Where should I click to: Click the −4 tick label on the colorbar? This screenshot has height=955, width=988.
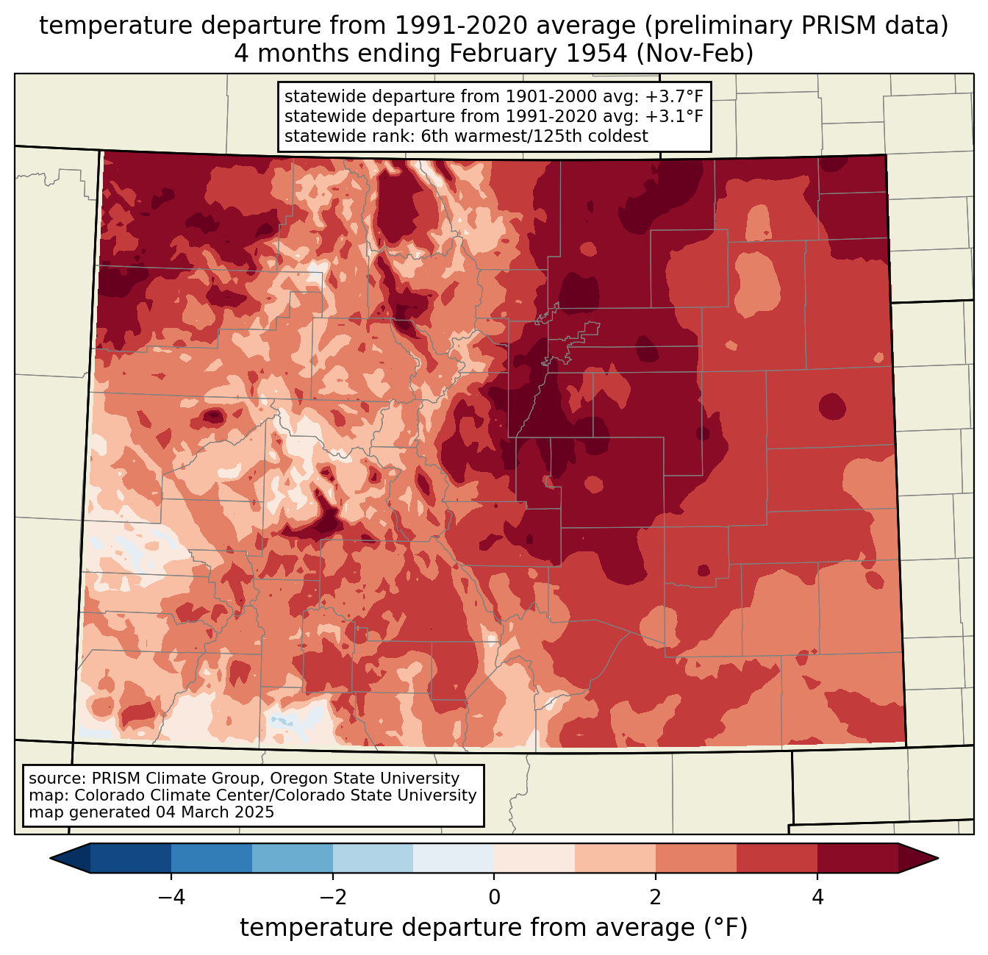171,898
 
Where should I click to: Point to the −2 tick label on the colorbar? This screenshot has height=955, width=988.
332,898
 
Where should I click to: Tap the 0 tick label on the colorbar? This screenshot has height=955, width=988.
494,898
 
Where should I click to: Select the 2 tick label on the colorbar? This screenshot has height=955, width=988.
656,898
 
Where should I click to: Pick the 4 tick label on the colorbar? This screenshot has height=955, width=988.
817,898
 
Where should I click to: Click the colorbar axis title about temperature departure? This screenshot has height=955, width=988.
494,928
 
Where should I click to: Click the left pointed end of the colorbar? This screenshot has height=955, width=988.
51,859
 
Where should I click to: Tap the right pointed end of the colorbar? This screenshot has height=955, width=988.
937,859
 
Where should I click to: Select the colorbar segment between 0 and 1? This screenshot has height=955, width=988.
534,859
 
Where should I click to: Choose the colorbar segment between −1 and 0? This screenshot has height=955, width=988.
454,859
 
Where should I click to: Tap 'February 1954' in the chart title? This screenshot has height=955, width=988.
539,54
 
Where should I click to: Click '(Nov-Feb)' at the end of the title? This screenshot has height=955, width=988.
695,54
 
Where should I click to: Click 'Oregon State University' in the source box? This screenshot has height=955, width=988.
365,779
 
